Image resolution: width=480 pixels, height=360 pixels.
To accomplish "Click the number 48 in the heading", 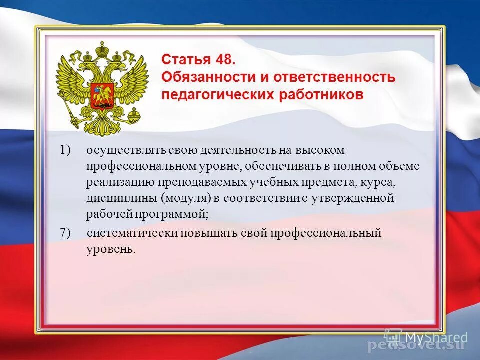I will click(x=225, y=60).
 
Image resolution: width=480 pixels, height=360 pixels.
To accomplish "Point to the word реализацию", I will click(x=115, y=182).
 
